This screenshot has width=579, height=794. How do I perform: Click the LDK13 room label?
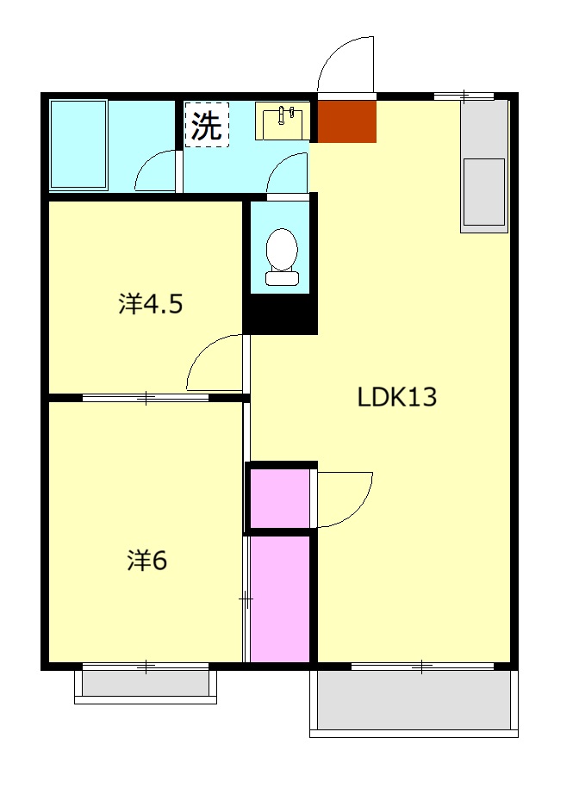coord(397,398)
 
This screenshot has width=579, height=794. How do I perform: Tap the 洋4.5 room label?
coord(151,304)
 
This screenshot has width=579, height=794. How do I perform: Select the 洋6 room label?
coord(147,561)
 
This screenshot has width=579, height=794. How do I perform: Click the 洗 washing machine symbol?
coord(207,127)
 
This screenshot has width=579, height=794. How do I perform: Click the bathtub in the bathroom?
coord(78,144)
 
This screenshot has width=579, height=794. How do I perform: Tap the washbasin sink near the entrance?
coord(282,121)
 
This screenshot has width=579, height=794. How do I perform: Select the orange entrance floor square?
coord(347,121)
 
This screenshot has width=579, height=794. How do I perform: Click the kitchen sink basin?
coord(483,191)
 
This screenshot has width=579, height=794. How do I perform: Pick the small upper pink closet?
coord(280,498)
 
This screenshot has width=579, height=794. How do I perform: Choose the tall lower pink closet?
coord(280,599)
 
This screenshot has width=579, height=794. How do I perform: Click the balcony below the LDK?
coord(414,700)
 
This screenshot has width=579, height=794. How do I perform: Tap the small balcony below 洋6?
coord(146,683)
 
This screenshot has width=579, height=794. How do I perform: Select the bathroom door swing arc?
coord(155,171)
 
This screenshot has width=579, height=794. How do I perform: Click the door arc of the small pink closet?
coord(345,499)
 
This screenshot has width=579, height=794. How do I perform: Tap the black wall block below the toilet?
coord(281,313)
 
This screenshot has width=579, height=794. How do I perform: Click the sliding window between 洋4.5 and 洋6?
coord(146,398)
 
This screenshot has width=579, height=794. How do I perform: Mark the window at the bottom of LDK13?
coord(421,666)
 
